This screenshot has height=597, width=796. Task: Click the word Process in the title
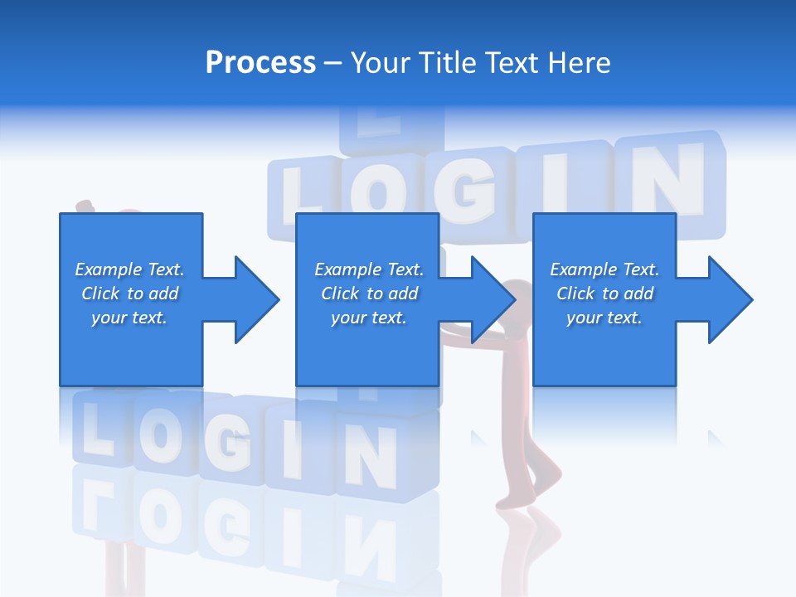click(x=260, y=63)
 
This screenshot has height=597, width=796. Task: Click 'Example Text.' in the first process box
click(x=129, y=269)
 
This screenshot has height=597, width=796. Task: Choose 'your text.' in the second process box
click(x=368, y=318)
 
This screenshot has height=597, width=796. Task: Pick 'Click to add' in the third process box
click(x=604, y=294)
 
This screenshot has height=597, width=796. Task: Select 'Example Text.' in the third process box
click(x=604, y=269)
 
